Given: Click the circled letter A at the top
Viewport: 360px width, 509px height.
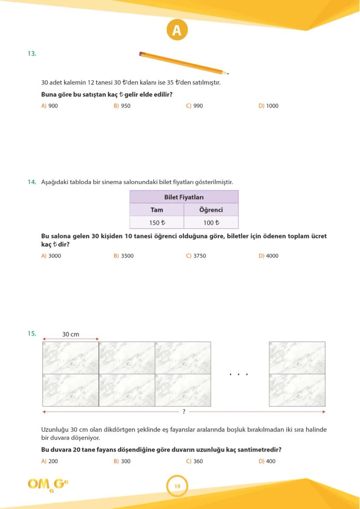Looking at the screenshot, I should (x=177, y=30).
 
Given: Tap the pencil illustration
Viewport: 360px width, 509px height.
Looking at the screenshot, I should (x=183, y=63).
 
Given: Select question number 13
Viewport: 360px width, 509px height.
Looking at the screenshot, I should (x=32, y=53).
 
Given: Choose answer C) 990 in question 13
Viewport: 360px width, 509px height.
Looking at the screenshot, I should (x=194, y=106).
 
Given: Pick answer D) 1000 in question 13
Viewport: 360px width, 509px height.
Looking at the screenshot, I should (x=268, y=106).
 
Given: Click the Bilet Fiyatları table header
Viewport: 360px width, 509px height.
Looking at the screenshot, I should (x=184, y=197).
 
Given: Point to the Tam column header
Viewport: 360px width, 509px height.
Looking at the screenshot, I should (x=157, y=210).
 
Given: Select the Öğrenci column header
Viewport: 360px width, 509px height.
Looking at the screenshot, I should (x=211, y=210).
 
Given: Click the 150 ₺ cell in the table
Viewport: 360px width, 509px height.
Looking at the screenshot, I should (x=157, y=223).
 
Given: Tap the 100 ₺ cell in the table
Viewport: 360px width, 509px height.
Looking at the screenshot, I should (x=211, y=223).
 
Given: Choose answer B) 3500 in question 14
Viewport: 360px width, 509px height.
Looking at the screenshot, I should (x=123, y=256).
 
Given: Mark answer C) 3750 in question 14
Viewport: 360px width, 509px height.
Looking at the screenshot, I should (x=196, y=256).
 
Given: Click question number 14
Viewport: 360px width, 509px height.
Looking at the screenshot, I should (x=32, y=182).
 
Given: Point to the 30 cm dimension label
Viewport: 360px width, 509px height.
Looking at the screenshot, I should (x=70, y=334).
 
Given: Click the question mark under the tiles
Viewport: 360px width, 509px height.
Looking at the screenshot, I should (x=184, y=411).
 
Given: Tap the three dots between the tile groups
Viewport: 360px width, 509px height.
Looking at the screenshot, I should (x=239, y=374).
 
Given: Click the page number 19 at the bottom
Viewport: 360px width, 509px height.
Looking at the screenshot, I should (x=177, y=486).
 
